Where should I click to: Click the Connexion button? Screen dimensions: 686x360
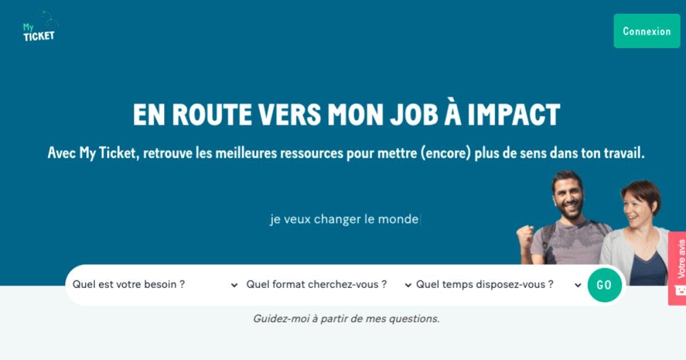click(647, 31)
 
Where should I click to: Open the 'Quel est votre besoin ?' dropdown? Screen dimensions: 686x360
click(155, 285)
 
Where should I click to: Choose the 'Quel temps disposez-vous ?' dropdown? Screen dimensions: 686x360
click(498, 285)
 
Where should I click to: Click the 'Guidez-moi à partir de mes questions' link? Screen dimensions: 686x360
click(346, 319)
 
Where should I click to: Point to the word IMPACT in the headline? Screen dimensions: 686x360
click(514, 114)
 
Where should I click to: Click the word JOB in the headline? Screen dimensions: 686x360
click(414, 114)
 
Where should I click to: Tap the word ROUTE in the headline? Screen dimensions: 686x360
click(212, 114)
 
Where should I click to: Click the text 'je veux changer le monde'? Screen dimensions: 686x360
click(344, 219)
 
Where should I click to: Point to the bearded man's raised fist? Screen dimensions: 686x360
click(525, 235)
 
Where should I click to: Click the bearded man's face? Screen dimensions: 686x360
click(569, 198)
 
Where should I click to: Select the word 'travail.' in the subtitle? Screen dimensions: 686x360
click(624, 153)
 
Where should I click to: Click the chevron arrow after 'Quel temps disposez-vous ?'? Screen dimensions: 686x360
click(578, 285)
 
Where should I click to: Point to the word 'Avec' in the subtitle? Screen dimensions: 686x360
click(62, 153)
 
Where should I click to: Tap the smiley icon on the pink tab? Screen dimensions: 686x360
click(680, 290)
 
